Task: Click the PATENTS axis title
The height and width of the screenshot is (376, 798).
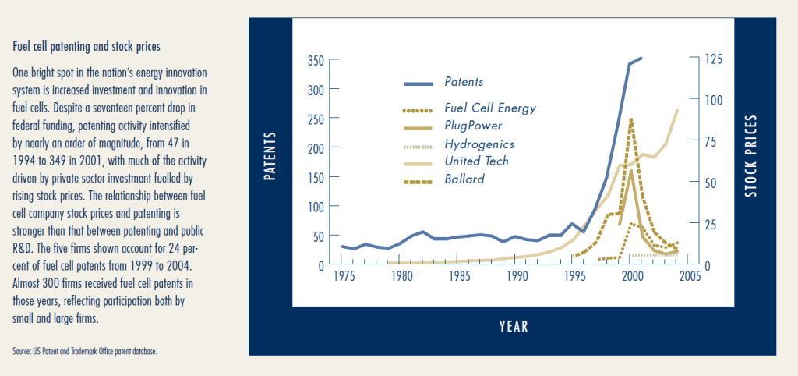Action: [x=270, y=156]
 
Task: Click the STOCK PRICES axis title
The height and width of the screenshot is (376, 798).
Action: [x=751, y=156]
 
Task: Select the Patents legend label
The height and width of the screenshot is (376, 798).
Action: [x=464, y=82]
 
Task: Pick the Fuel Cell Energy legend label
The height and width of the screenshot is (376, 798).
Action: [x=490, y=108]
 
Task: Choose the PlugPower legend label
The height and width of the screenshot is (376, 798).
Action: [x=473, y=125]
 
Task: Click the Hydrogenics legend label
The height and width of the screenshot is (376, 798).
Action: [x=479, y=144]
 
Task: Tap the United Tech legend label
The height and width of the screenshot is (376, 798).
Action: [x=476, y=161]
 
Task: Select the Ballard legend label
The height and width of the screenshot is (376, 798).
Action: [x=464, y=179]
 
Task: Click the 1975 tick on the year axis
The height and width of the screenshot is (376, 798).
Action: [x=344, y=276]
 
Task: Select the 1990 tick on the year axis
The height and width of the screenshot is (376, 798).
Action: [x=516, y=276]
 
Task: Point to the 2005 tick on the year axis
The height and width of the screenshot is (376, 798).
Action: [x=687, y=276]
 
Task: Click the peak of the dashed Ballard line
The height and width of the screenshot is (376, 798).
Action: [x=630, y=119]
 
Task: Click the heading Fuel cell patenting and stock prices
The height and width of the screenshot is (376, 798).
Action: [x=87, y=47]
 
